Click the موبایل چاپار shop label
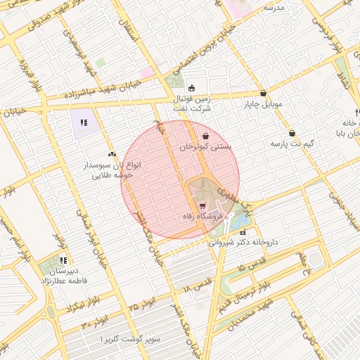(263, 104)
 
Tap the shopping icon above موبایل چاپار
(263, 93)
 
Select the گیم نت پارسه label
(292, 143)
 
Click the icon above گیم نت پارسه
(291, 133)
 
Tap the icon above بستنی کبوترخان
(205, 136)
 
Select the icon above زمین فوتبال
(192, 88)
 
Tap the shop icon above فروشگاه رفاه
(202, 205)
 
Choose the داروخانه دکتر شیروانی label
(243, 241)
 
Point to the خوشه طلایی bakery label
(112, 176)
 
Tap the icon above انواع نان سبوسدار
(112, 153)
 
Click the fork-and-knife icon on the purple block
(84, 123)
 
